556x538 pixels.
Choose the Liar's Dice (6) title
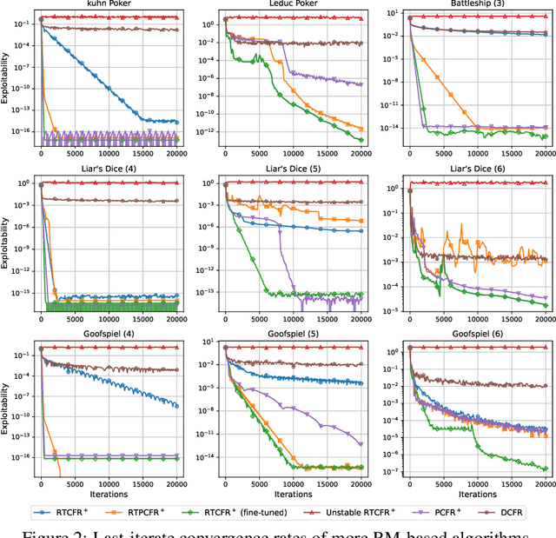point(475,173)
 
